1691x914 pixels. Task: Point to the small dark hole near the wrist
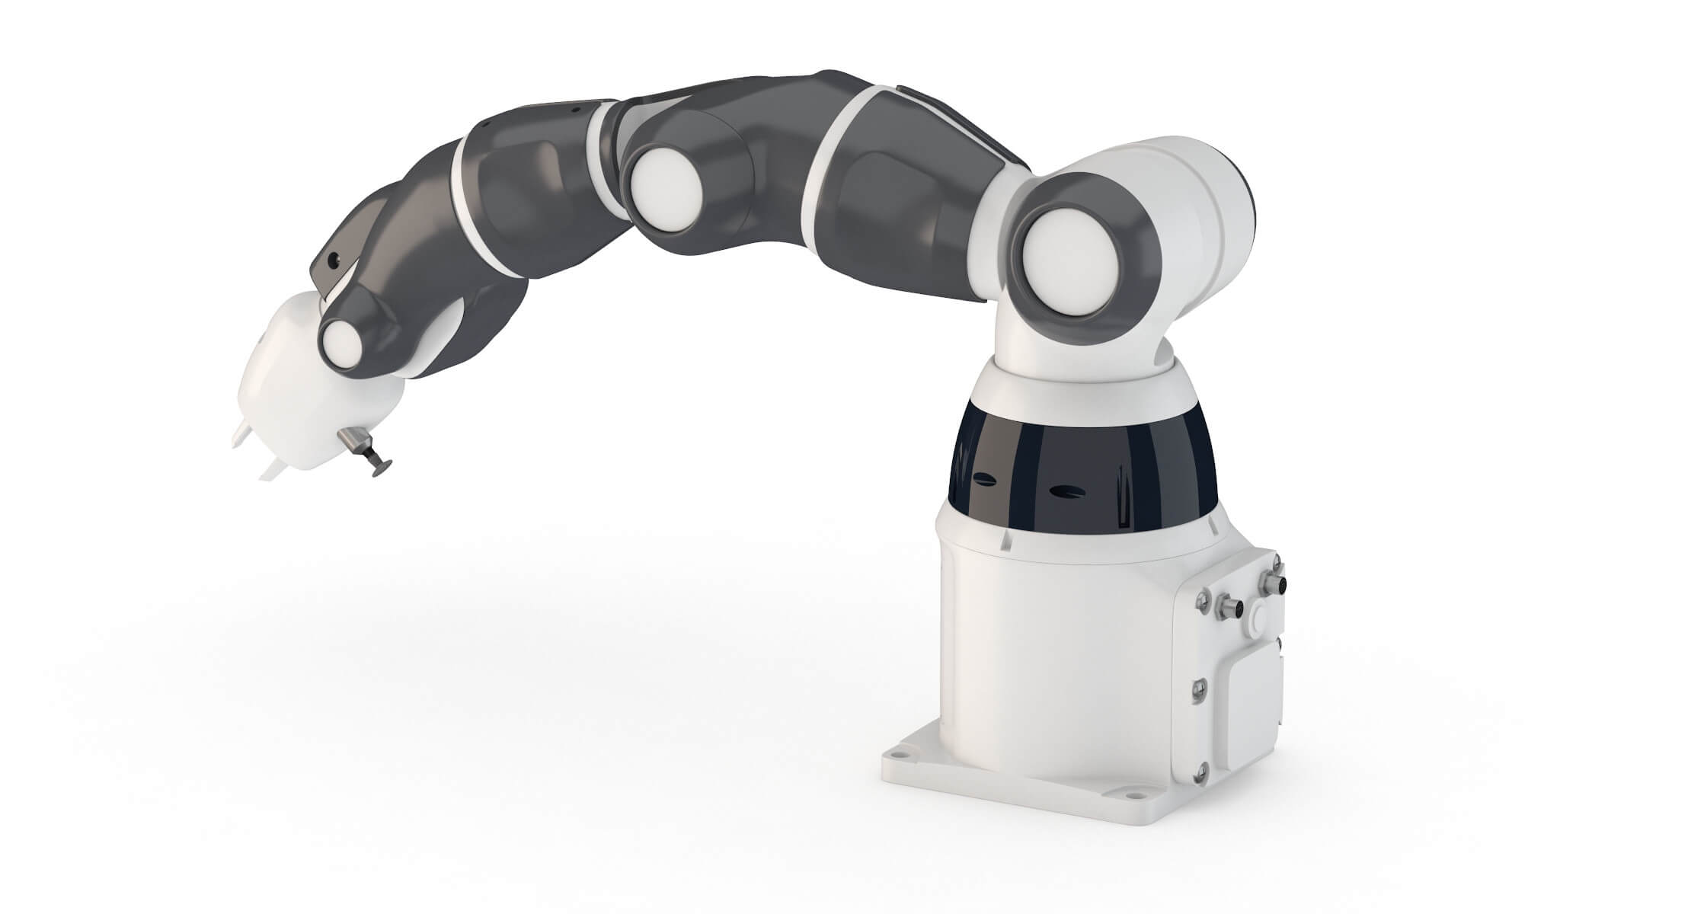pos(333,260)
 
